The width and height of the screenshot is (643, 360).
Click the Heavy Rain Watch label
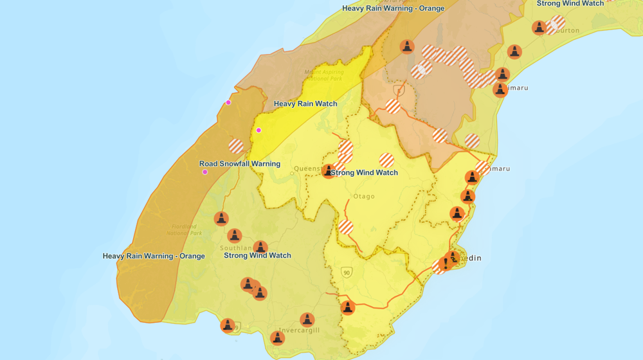tap(305, 104)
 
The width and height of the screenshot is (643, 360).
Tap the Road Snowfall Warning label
tap(239, 164)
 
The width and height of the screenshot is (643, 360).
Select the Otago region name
tap(363, 196)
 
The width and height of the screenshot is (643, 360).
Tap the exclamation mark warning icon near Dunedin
tap(445, 264)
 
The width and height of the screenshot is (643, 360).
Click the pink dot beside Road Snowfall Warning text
tap(205, 172)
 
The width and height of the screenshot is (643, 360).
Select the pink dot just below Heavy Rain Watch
tap(258, 130)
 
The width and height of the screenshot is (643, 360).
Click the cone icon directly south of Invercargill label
tap(277, 337)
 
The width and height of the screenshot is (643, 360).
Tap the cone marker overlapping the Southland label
tap(235, 236)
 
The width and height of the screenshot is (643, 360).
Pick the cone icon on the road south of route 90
tap(347, 308)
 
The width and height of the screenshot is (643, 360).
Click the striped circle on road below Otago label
tap(346, 227)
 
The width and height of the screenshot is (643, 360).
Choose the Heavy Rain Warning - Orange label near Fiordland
tap(154, 256)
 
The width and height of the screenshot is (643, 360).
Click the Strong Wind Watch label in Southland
tap(257, 255)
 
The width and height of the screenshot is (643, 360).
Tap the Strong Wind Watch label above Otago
tap(364, 172)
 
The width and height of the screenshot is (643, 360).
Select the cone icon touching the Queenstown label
tap(329, 171)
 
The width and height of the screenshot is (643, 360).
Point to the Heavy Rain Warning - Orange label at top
tap(393, 8)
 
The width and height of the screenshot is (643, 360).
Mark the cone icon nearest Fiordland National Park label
tap(221, 219)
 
